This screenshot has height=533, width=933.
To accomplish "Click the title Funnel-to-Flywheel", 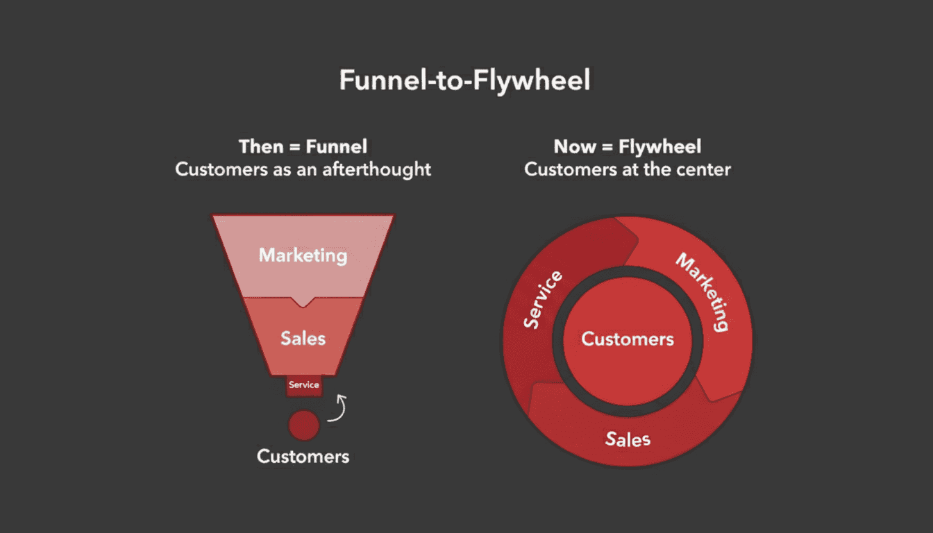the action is pyautogui.click(x=464, y=81).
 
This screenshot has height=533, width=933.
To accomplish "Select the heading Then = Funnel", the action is pyautogui.click(x=303, y=146).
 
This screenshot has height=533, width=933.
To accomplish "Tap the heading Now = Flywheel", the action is pyautogui.click(x=627, y=146).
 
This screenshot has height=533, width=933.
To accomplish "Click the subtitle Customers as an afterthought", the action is pyautogui.click(x=303, y=169).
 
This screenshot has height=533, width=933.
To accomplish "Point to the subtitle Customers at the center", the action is pyautogui.click(x=627, y=169).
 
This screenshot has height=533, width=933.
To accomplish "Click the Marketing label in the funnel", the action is pyautogui.click(x=303, y=255).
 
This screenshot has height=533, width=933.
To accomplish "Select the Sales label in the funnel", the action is pyautogui.click(x=303, y=338).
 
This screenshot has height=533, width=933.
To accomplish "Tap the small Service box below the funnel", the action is pyautogui.click(x=304, y=385).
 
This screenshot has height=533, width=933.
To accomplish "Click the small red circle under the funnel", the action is pyautogui.click(x=303, y=425).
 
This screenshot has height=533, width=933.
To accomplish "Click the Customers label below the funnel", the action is pyautogui.click(x=303, y=456).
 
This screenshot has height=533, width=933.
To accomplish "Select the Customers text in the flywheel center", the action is pyautogui.click(x=627, y=339).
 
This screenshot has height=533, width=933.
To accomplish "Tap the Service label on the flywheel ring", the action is pyautogui.click(x=542, y=301).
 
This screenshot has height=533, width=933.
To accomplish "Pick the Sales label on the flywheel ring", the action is pyautogui.click(x=627, y=439).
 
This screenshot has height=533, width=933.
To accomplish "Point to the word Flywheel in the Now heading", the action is pyautogui.click(x=659, y=146).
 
